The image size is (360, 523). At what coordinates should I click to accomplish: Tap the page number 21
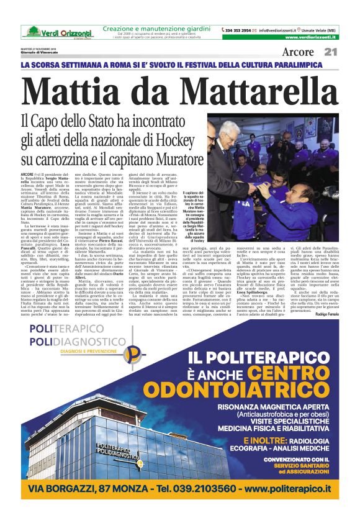click(x=330, y=52)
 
